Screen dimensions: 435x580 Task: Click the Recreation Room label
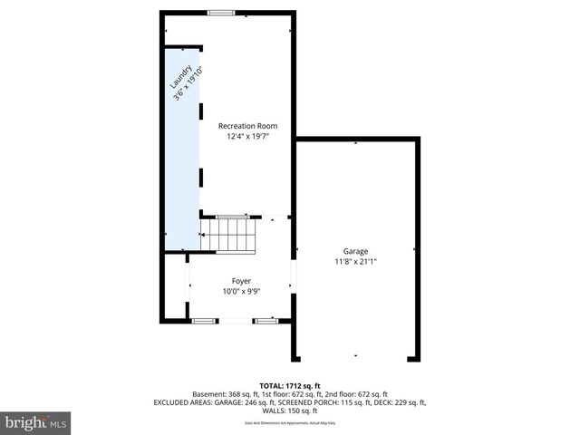tap(248, 126)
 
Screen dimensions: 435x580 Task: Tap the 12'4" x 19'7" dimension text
tap(248, 137)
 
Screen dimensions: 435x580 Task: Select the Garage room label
tap(355, 251)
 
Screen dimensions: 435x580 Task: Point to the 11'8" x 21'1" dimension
tap(355, 262)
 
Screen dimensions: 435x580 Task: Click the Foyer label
tap(240, 281)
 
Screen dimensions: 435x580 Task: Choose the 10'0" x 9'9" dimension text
tap(240, 292)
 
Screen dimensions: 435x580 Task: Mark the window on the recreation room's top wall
tap(220, 13)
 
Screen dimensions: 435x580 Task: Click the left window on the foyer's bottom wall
tap(205, 320)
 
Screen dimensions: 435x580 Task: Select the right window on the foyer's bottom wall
tap(266, 320)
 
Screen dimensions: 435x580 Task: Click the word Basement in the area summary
tap(210, 394)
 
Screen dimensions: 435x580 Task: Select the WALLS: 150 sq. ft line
tap(290, 411)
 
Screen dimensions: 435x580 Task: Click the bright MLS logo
tap(36, 422)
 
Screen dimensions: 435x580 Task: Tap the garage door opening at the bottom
tap(355, 356)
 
